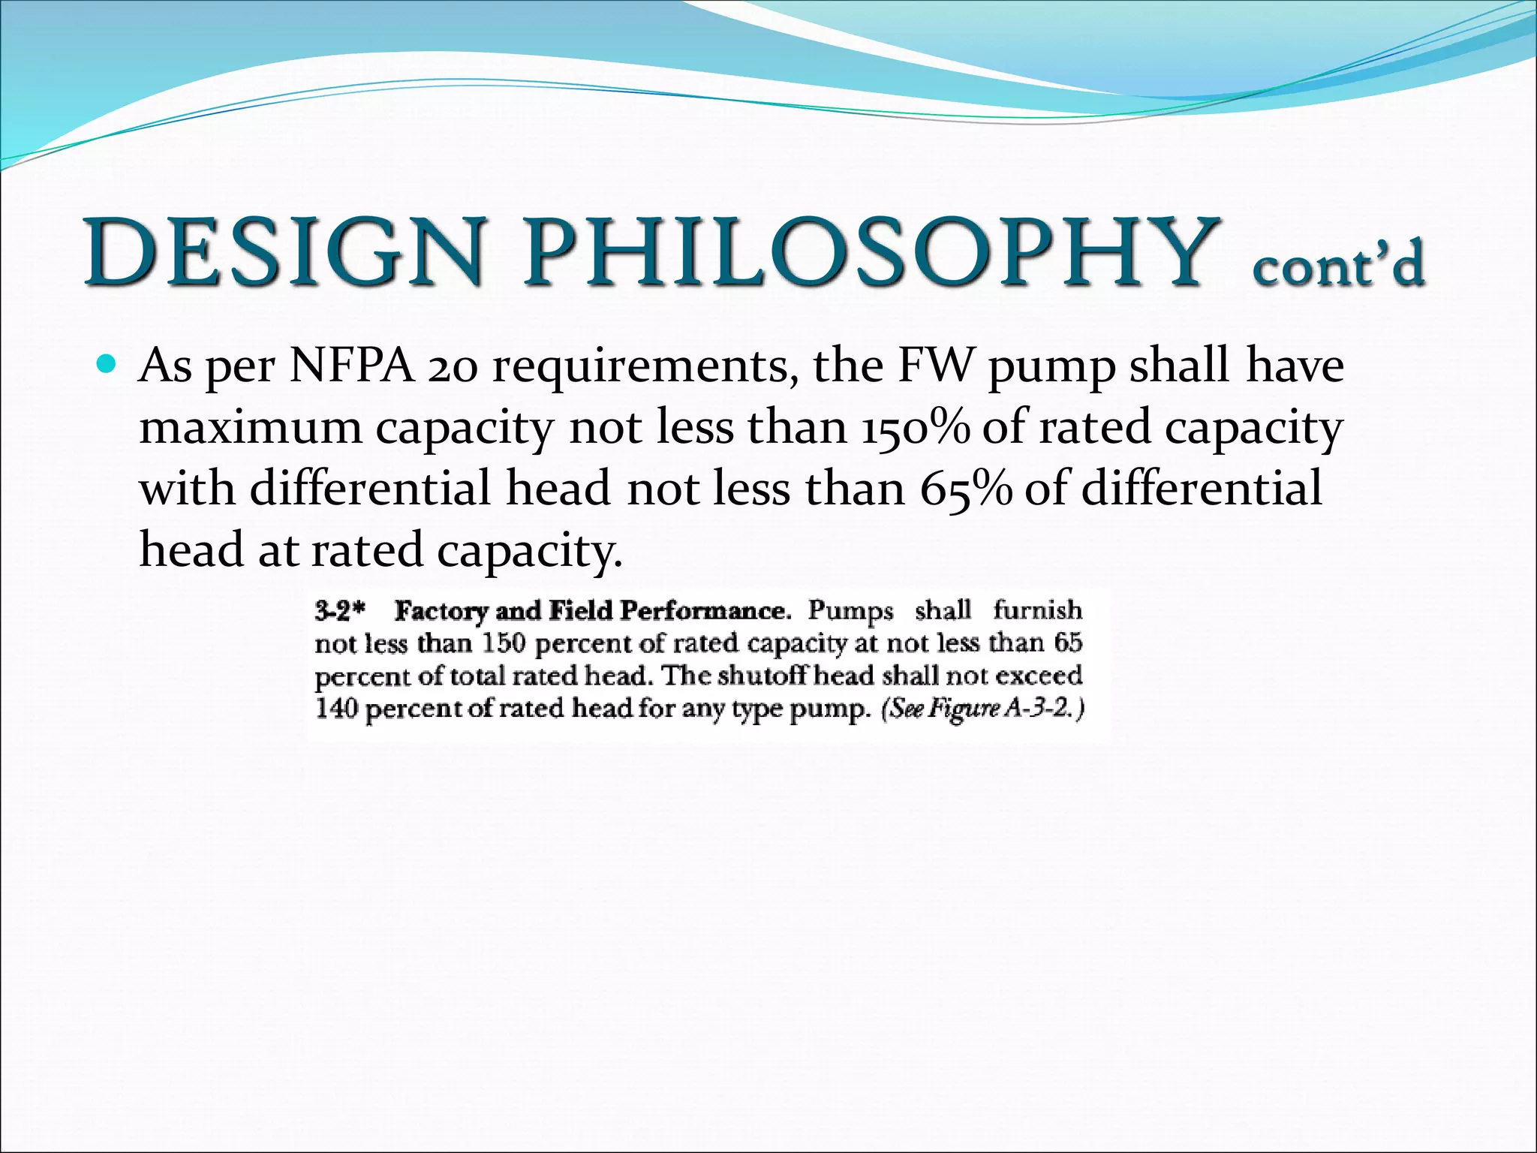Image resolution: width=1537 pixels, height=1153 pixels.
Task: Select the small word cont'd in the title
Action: tap(1338, 264)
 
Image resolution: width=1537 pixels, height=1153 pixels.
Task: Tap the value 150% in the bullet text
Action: tap(915, 428)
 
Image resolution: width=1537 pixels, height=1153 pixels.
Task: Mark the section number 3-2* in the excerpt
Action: tap(340, 612)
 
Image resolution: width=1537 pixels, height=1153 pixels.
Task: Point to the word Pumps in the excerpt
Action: tap(850, 611)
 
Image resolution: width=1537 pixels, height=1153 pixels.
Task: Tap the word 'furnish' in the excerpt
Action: tap(1037, 610)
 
